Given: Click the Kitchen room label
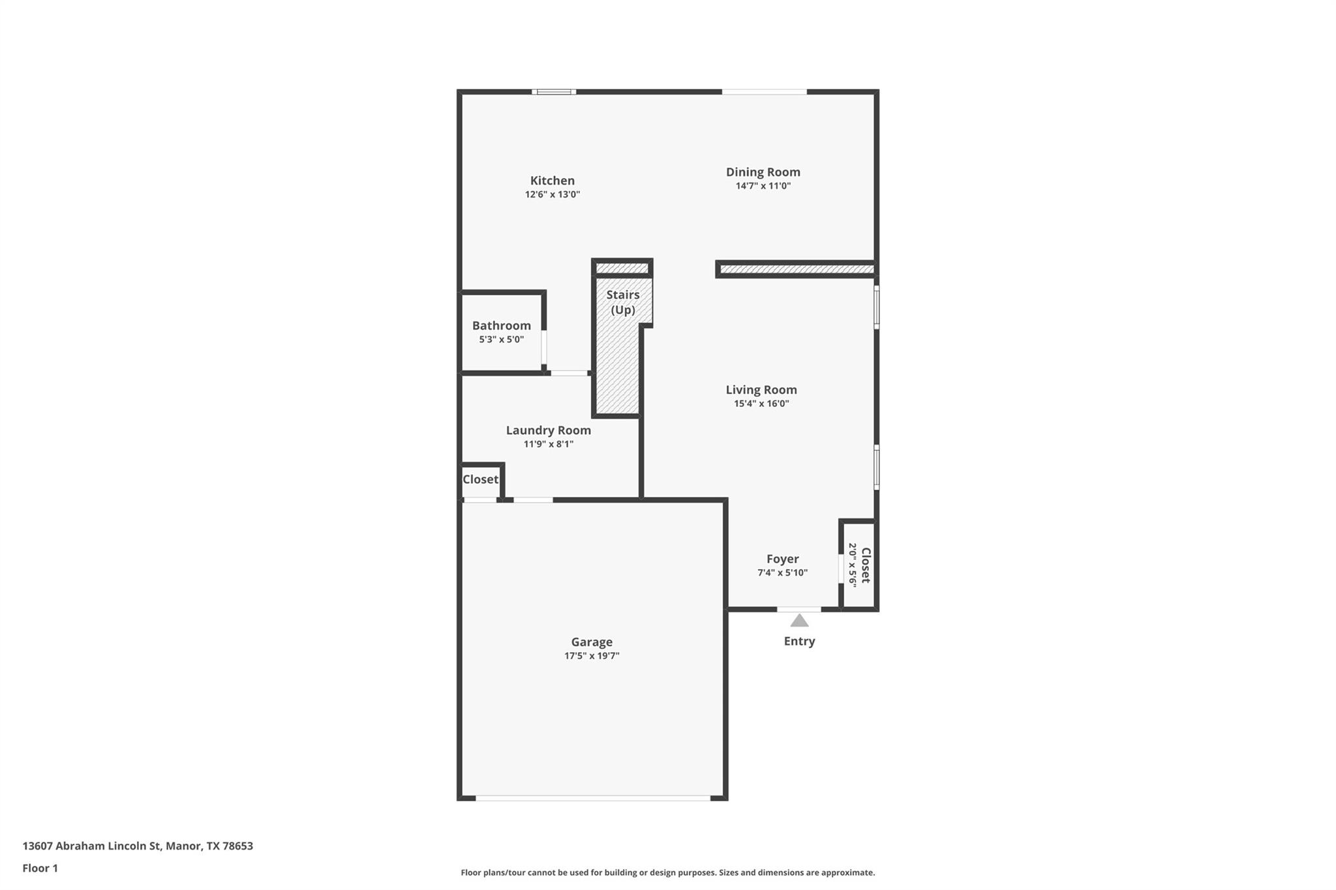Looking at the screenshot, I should (x=552, y=181).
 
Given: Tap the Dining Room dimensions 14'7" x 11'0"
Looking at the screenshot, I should (x=763, y=186).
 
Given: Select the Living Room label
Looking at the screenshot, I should (x=761, y=390).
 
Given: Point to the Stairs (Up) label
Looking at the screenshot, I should (x=622, y=302).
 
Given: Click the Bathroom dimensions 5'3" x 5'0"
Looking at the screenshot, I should (x=501, y=340).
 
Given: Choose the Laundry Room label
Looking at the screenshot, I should (x=548, y=430).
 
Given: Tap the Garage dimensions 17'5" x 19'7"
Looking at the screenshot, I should (x=591, y=656).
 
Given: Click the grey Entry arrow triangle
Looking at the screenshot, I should (x=799, y=621).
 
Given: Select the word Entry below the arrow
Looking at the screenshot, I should (x=799, y=641).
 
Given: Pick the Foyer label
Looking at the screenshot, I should (x=782, y=559).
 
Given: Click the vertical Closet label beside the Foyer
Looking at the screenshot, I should (x=866, y=565).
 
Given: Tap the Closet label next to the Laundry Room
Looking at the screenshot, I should (x=480, y=479).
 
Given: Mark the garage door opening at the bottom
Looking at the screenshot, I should (x=592, y=797).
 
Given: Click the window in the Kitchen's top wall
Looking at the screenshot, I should (x=553, y=92).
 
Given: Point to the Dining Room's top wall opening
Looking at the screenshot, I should (x=764, y=92).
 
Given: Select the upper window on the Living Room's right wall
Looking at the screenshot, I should (x=876, y=307).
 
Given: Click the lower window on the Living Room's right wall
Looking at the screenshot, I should (x=876, y=467).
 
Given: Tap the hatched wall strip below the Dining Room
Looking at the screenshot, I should (x=796, y=269).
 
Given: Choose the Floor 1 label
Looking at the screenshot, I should (x=40, y=868).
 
